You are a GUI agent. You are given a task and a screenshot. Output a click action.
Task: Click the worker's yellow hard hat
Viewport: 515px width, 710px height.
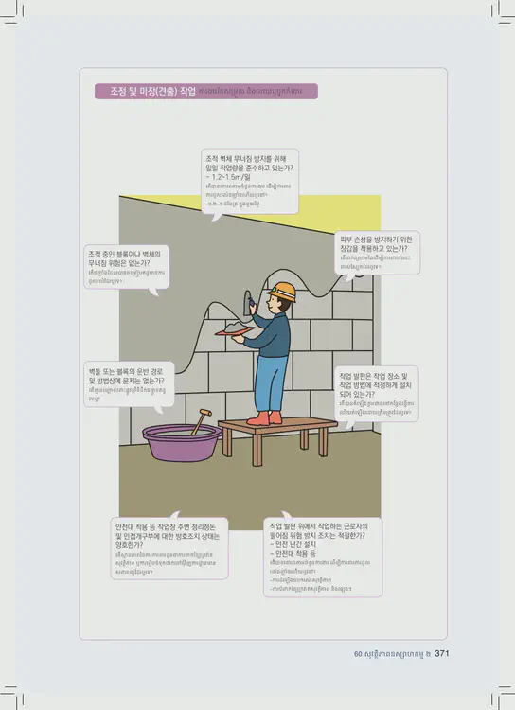pos(283,292)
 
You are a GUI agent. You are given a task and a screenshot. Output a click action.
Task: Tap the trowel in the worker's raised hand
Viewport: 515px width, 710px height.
pos(251,302)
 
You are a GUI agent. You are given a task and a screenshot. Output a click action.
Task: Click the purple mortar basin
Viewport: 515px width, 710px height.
pos(181,442)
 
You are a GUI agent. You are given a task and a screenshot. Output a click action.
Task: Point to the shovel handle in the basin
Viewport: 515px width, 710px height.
pos(201,421)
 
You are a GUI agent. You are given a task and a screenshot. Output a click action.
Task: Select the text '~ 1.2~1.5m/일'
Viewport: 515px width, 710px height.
pos(228,177)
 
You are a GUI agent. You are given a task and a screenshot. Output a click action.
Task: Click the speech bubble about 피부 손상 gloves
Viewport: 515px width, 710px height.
pos(378,252)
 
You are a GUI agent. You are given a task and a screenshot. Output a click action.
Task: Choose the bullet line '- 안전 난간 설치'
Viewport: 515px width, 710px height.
pos(295,545)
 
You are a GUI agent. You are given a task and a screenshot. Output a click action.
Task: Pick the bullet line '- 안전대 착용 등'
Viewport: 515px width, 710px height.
pos(296,555)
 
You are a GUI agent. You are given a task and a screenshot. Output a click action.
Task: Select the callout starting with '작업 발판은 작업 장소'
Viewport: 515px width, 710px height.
pos(377,393)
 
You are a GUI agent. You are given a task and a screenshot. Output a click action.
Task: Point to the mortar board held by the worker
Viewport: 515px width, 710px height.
pos(233,331)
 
